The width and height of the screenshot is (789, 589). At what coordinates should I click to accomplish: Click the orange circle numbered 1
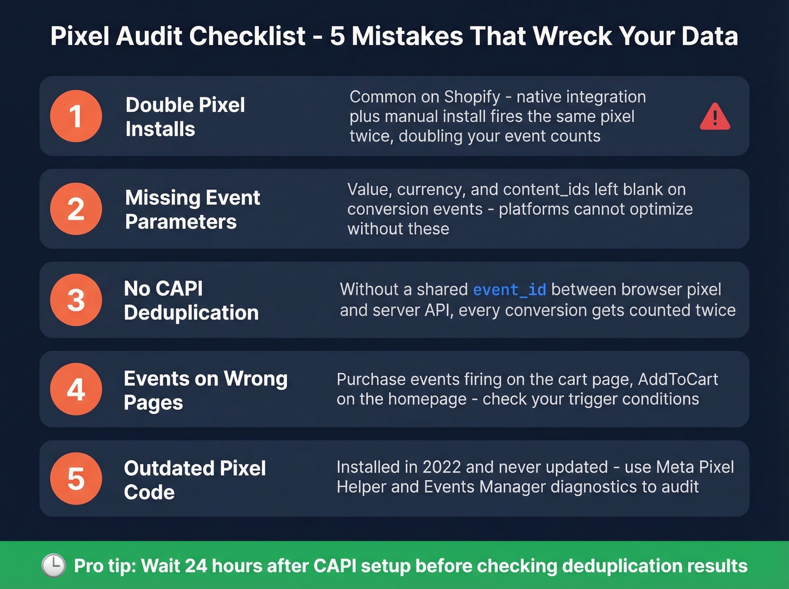pos(76,116)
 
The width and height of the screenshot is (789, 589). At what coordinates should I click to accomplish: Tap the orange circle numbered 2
pos(76,209)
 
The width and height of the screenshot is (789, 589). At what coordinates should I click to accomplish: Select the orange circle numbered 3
pos(76,300)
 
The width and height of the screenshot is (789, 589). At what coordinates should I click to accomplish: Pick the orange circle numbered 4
pos(76,389)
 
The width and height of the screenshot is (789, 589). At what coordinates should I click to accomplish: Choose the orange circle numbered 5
pos(76,479)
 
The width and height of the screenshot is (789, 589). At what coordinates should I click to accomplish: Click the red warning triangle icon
pos(715,117)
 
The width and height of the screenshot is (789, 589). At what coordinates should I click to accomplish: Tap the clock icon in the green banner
pos(54,565)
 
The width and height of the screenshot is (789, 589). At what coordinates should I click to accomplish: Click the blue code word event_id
pos(509,290)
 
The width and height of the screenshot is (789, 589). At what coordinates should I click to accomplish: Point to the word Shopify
pos(472,97)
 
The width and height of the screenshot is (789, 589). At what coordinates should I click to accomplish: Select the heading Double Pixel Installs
pos(185,117)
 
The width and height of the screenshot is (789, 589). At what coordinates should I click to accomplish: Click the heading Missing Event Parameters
pos(192,210)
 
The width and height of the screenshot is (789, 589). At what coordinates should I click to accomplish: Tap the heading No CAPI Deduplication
pos(191,300)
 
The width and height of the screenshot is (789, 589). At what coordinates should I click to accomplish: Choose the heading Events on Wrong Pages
pos(205,390)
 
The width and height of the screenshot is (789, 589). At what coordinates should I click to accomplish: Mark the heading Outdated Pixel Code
pos(194,480)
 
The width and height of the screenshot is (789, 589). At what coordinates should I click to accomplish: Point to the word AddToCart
pos(677,379)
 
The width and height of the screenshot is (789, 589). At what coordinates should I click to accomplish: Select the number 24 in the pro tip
pos(196,566)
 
